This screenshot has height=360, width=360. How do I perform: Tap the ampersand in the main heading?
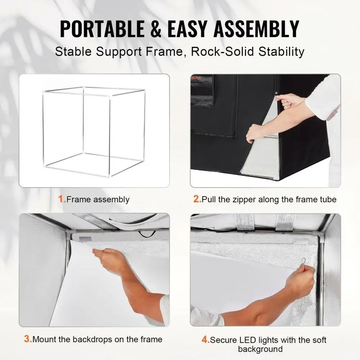(156, 29)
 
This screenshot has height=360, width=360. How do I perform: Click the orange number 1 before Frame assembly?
(62, 199)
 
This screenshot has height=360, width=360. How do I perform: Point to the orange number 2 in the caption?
(197, 199)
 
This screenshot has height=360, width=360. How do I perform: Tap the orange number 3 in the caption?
(28, 339)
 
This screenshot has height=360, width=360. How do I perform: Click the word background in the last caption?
(260, 349)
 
